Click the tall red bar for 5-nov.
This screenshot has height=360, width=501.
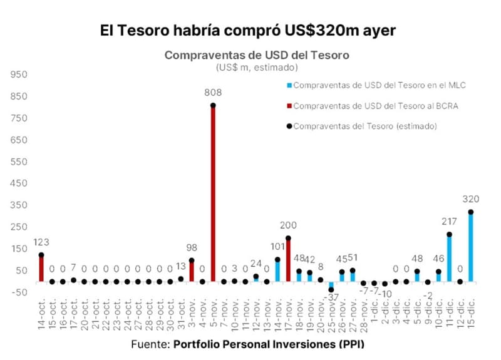pos(213,194)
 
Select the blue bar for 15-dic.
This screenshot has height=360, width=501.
pos(470,247)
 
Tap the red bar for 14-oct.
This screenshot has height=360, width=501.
pos(41,269)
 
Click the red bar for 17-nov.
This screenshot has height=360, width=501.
pos(288,260)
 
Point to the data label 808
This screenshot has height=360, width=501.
pos(213,93)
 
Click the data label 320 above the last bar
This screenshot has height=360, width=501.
pos(470,200)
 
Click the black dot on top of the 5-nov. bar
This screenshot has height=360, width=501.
pos(213,105)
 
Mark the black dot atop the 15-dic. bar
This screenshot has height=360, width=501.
pos(470,212)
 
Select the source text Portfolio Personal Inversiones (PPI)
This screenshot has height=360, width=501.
pos(269,344)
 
